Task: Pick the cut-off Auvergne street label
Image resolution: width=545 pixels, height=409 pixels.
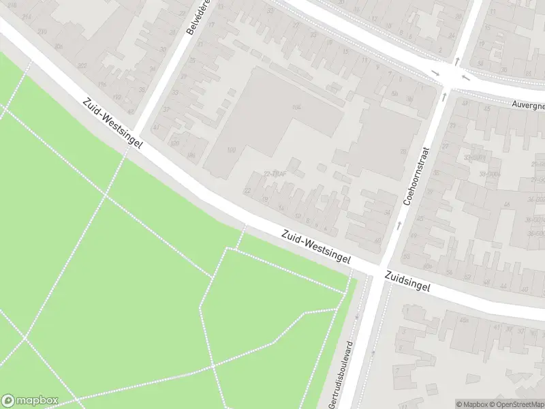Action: tap(529, 104)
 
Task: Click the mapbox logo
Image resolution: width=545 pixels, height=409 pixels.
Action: tap(29, 401)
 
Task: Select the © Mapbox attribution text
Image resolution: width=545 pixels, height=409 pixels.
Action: tap(471, 404)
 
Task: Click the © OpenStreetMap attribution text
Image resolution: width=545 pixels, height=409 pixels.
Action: tap(518, 404)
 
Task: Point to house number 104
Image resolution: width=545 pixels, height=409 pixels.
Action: tap(296, 108)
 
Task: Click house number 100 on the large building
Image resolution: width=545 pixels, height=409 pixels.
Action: tap(231, 150)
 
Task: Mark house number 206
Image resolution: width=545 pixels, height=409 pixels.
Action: tap(59, 46)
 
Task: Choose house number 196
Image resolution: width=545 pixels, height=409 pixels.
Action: tap(102, 85)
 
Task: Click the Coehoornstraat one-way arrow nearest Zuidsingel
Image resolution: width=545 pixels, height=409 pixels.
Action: tap(399, 225)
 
